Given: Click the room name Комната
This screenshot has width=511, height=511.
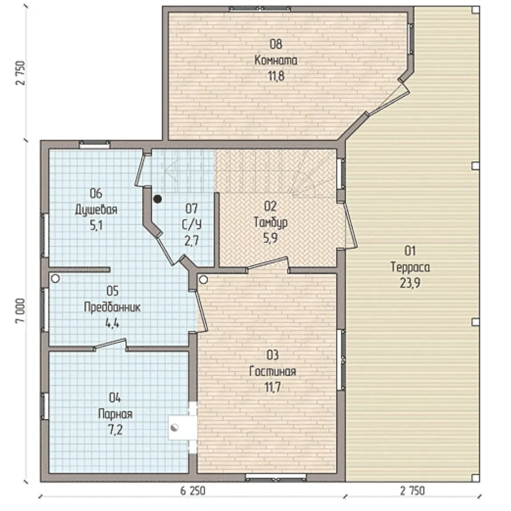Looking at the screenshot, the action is (x=276, y=60).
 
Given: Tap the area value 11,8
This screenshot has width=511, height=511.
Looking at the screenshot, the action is (x=276, y=76).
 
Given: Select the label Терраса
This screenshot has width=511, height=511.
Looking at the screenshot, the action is (x=410, y=267).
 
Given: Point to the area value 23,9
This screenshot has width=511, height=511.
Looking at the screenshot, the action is (x=410, y=283).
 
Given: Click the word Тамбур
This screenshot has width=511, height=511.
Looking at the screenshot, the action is (x=271, y=223).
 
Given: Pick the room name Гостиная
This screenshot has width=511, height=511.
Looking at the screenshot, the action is (x=273, y=371).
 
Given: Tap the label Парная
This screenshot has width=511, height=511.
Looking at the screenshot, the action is (x=115, y=414).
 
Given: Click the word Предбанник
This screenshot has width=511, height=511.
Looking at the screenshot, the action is (x=113, y=307).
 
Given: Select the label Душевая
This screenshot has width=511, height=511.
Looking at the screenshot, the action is (x=96, y=210).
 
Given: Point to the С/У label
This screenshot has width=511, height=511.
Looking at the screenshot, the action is (x=191, y=224).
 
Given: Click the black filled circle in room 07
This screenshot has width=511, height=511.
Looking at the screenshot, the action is (x=158, y=199).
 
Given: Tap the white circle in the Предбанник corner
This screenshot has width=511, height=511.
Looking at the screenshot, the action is (x=55, y=279).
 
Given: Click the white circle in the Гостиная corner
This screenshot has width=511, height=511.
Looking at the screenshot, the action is (x=203, y=280).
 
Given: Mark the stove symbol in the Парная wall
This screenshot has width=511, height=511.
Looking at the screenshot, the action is (x=174, y=428).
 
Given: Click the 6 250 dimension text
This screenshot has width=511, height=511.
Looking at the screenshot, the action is (x=193, y=491).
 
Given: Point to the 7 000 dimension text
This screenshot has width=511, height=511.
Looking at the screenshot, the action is (x=20, y=311).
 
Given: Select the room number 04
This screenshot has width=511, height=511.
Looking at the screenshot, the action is (x=115, y=398).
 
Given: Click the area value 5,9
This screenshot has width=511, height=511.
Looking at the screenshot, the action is (x=271, y=238).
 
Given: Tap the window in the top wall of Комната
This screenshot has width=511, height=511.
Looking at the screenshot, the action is (x=260, y=9).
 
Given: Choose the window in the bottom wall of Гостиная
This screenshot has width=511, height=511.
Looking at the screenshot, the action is (x=276, y=478).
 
